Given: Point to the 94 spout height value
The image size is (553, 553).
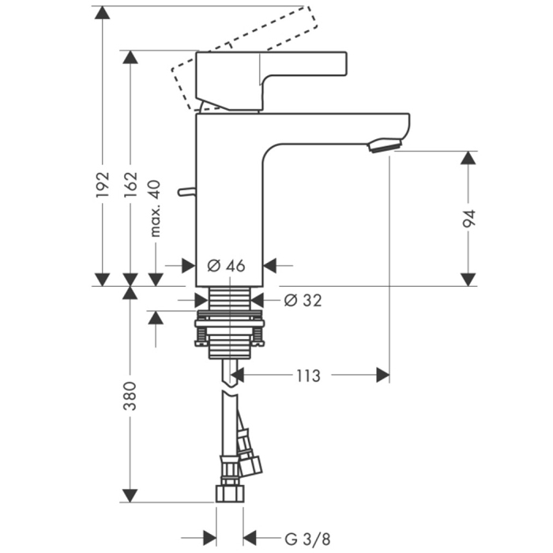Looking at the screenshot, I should pos(469,220).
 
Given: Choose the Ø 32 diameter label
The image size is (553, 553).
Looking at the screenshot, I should pos(303,300).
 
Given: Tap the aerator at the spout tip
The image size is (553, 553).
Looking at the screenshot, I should pos(386,145).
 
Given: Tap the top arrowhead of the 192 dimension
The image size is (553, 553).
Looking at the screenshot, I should pos(103,14).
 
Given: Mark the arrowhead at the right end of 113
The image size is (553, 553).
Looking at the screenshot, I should pos(382,375).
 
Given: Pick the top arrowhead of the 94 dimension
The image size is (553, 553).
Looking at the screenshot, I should pos(469,158).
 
